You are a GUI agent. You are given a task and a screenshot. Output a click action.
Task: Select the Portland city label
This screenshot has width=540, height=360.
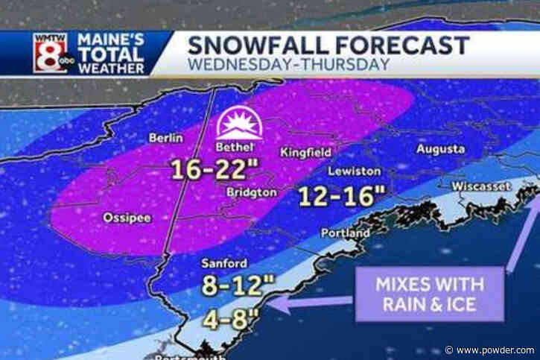click(344, 233)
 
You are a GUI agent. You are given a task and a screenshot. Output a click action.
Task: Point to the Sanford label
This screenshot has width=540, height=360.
click(223, 263)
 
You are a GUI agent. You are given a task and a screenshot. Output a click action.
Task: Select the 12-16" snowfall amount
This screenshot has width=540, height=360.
click(341, 197)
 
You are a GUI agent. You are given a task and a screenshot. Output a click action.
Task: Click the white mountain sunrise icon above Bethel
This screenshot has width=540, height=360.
click(238, 124)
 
